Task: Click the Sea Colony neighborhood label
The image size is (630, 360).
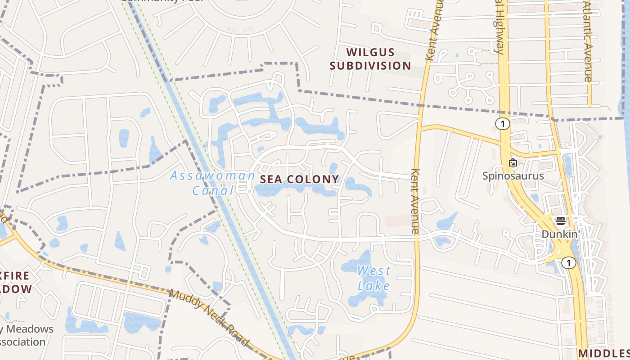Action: [x=299, y=179]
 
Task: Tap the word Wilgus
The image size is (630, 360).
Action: [x=370, y=53]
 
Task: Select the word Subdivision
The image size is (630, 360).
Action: [x=370, y=66]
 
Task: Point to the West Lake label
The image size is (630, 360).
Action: [x=373, y=278]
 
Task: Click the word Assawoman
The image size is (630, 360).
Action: [x=212, y=176]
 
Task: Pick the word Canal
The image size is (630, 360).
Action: [x=213, y=191]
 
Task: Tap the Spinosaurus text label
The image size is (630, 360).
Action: [x=513, y=176]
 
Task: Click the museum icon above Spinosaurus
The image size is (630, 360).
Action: [x=513, y=163]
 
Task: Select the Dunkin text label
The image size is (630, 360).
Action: [x=559, y=234]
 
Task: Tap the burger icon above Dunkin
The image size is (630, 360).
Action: [x=560, y=221]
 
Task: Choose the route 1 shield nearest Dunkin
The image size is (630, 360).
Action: [x=569, y=263]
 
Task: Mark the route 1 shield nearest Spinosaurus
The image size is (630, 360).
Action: [x=502, y=124]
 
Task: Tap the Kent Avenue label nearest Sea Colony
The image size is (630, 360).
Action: [x=415, y=201]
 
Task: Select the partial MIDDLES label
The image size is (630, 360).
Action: [x=604, y=353]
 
